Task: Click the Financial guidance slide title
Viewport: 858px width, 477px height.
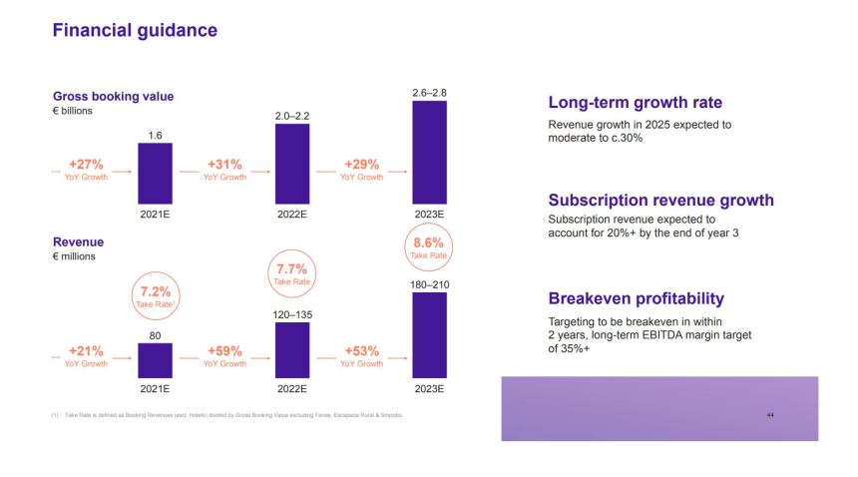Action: coord(134,31)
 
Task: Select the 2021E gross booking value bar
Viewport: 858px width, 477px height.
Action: coord(155,173)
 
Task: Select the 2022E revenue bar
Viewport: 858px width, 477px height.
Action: coord(292,350)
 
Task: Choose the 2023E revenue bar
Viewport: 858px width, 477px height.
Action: coord(429,336)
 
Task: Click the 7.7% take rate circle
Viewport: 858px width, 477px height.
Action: coord(292,274)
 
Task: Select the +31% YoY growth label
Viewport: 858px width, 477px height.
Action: coord(224,169)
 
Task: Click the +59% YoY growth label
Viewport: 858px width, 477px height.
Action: coord(224,356)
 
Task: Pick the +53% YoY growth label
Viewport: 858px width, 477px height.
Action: coord(362,356)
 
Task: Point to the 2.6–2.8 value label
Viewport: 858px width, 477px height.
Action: coord(429,93)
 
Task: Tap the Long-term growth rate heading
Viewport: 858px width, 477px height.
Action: coord(636,103)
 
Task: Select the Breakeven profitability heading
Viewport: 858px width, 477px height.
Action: coord(637,298)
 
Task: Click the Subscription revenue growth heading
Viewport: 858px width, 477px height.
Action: coord(660,201)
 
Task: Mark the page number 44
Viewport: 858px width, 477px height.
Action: coord(770,414)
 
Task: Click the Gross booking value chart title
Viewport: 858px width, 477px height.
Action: coord(113,96)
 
